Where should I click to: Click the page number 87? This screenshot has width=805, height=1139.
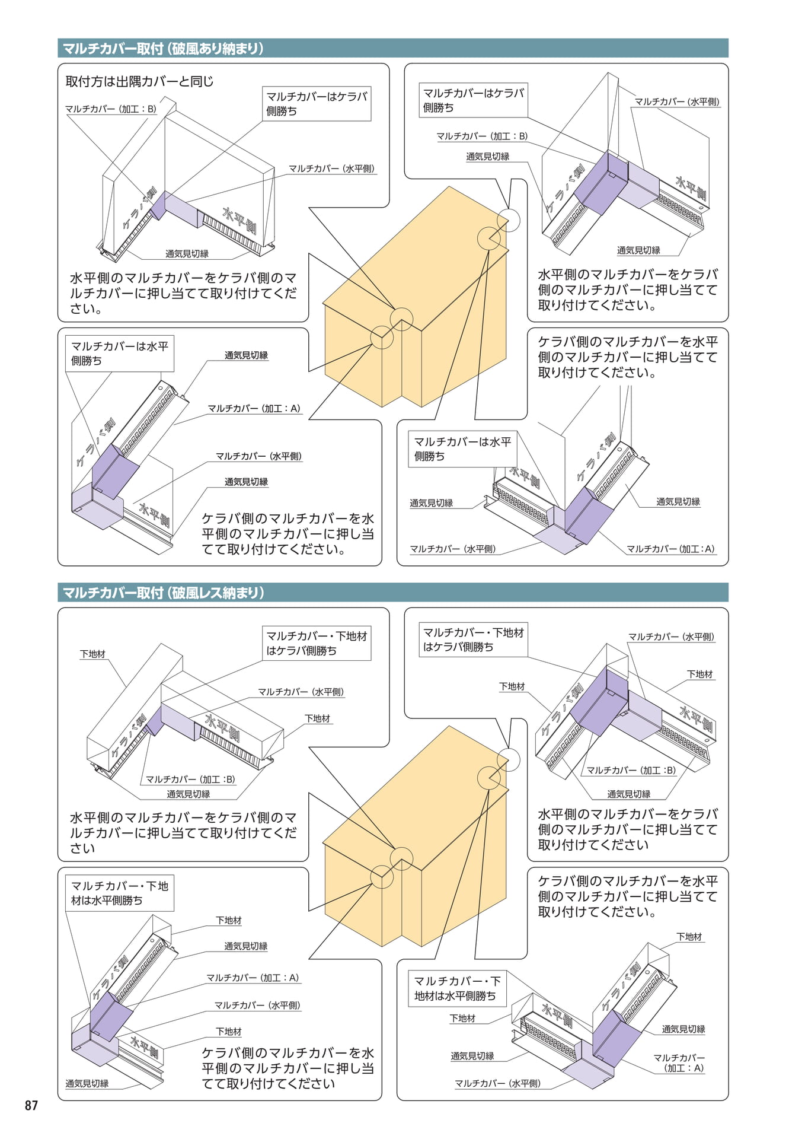(31, 1105)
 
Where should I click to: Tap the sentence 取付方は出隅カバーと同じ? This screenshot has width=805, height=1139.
(139, 81)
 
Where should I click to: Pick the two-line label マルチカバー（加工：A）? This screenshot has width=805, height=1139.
(679, 1062)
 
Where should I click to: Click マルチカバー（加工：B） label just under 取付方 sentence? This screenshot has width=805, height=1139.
(111, 109)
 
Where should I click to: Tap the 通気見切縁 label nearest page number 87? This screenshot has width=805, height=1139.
(87, 1083)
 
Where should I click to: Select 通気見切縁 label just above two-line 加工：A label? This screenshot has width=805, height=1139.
(683, 1029)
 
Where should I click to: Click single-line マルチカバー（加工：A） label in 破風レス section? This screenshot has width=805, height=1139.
(253, 978)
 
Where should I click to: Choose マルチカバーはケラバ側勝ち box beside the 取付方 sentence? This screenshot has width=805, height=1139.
(317, 104)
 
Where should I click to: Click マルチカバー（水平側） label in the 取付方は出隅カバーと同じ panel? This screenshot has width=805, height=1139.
(332, 168)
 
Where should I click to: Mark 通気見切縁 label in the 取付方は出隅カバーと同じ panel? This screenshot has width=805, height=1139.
(187, 254)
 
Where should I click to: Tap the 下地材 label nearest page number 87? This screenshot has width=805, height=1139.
(229, 1032)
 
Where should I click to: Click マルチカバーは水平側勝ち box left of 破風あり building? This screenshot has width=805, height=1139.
(120, 354)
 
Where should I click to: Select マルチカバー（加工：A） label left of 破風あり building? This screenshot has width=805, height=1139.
(254, 408)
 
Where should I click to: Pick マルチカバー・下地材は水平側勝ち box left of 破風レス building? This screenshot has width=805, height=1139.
(120, 893)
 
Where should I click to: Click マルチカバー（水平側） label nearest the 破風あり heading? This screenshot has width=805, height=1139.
(677, 101)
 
